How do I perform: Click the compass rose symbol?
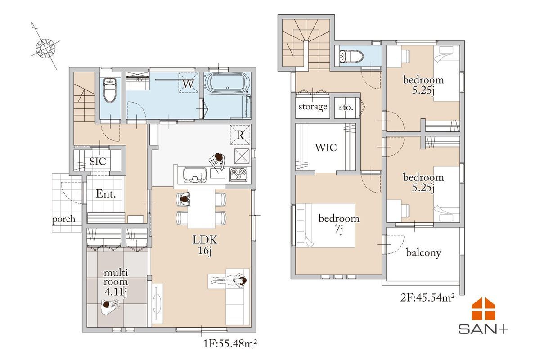(x=45, y=48)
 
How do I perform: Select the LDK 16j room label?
(x=205, y=245)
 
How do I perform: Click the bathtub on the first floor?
(x=227, y=82)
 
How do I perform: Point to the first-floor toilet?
(x=110, y=90)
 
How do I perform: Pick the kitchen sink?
(x=195, y=175)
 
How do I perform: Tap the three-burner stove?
(x=238, y=175)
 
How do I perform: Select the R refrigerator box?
(x=240, y=135)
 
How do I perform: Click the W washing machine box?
(x=188, y=82)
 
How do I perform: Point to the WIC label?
(x=326, y=148)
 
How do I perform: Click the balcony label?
(x=423, y=253)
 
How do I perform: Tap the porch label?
(x=64, y=219)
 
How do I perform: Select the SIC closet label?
(x=98, y=161)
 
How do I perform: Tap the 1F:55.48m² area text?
(x=230, y=344)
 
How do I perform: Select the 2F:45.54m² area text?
(x=427, y=297)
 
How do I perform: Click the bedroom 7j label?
(x=339, y=224)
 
